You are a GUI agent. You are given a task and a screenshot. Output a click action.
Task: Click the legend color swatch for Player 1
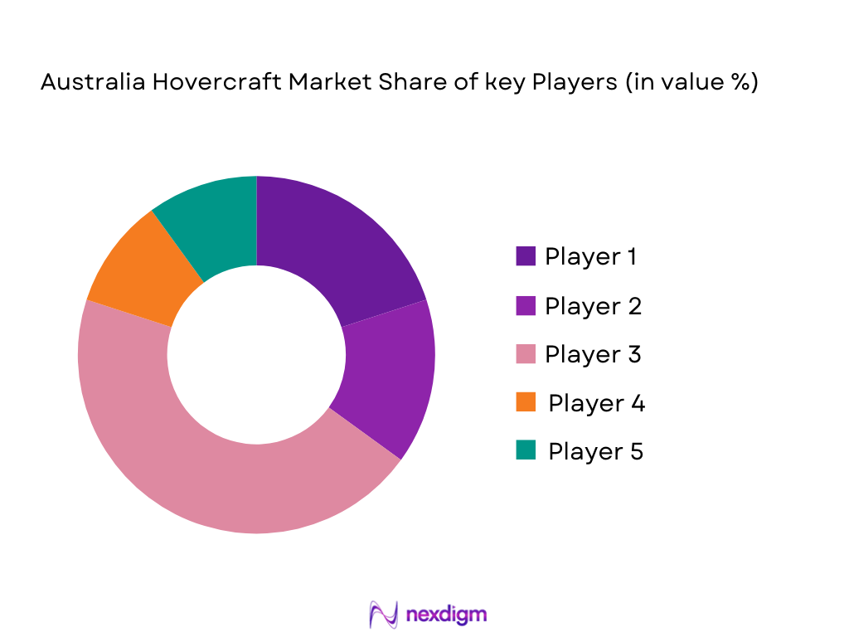click(525, 256)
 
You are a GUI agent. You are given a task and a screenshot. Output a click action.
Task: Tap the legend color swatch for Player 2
click(525, 305)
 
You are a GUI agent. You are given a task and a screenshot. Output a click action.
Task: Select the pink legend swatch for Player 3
click(525, 354)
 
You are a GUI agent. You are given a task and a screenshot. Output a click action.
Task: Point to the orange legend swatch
click(525, 403)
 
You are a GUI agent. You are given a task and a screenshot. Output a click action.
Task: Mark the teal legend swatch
click(525, 451)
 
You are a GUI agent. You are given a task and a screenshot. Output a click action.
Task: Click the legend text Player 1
click(591, 257)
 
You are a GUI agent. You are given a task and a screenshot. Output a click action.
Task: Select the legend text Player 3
click(593, 355)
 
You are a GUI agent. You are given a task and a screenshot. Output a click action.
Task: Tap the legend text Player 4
click(596, 404)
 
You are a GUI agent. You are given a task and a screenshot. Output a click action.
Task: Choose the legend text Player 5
click(595, 452)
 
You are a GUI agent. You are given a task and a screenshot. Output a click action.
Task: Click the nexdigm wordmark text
click(447, 615)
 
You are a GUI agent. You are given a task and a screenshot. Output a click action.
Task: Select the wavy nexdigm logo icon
click(383, 615)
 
